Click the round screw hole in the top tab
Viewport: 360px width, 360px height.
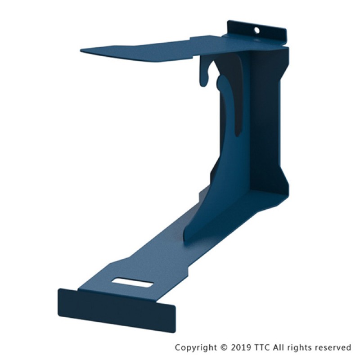tap(257, 30)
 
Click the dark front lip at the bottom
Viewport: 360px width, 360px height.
tap(117, 310)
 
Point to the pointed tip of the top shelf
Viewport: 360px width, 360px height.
tap(81, 50)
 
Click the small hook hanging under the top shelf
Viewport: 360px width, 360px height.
tap(204, 73)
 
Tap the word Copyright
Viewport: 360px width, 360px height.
tap(196, 347)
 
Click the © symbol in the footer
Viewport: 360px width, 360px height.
tap(224, 347)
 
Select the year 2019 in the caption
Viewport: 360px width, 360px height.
tap(241, 347)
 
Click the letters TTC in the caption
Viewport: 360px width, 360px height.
tap(262, 347)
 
